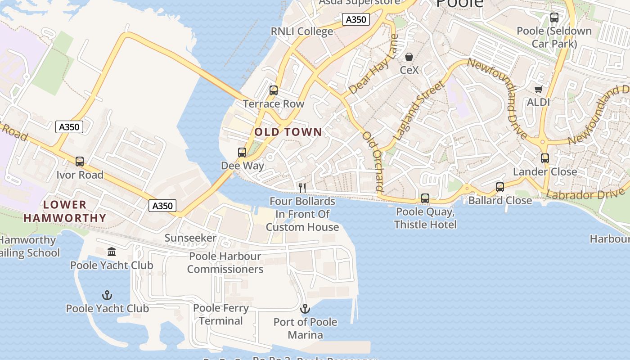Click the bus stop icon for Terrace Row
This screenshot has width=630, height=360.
coord(273,90)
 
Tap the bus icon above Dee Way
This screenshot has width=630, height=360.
coord(242,153)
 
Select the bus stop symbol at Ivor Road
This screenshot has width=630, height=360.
coord(80,162)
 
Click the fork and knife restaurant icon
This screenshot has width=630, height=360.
coord(302,188)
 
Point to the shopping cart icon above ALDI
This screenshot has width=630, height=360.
coord(538,89)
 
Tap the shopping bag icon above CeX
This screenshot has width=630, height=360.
coord(409,57)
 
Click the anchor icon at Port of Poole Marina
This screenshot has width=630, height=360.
coord(305,309)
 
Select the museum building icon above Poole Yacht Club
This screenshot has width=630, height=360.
coord(112,252)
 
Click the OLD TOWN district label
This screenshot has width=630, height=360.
coord(288,132)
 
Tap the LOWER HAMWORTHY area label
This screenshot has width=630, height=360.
coord(65,211)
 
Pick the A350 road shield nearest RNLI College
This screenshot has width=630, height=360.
coord(355,19)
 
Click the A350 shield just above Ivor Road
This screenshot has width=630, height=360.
coord(69,127)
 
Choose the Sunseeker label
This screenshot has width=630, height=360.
coord(190,238)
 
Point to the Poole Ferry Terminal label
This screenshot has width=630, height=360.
coord(220,315)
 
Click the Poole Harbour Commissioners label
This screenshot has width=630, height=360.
coord(225,263)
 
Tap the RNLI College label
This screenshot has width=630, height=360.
coord(301,31)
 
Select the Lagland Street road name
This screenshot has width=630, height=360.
coord(418,110)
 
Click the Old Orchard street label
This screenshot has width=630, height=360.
coord(373,162)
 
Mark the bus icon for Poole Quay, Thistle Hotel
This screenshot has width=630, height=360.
coord(425,198)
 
